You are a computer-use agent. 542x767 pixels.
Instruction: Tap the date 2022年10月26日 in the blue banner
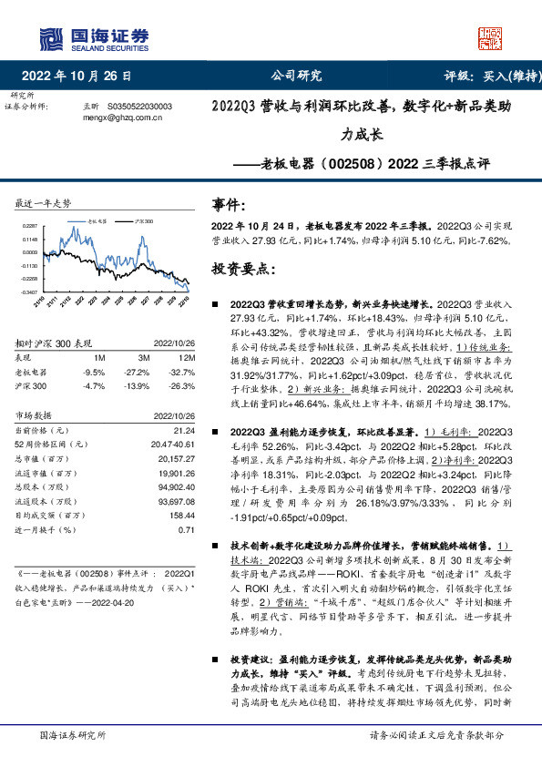pyautogui.click(x=83, y=76)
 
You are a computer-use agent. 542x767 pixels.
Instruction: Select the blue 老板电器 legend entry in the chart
pyautogui.click(x=92, y=220)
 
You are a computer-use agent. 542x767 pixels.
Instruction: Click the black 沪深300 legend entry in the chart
pyautogui.click(x=138, y=220)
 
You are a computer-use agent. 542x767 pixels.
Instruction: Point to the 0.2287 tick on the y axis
pyautogui.click(x=31, y=226)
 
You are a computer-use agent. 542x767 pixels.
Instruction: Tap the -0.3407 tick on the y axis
pyautogui.click(x=31, y=291)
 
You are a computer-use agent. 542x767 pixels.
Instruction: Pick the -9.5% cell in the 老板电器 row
pyautogui.click(x=94, y=372)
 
